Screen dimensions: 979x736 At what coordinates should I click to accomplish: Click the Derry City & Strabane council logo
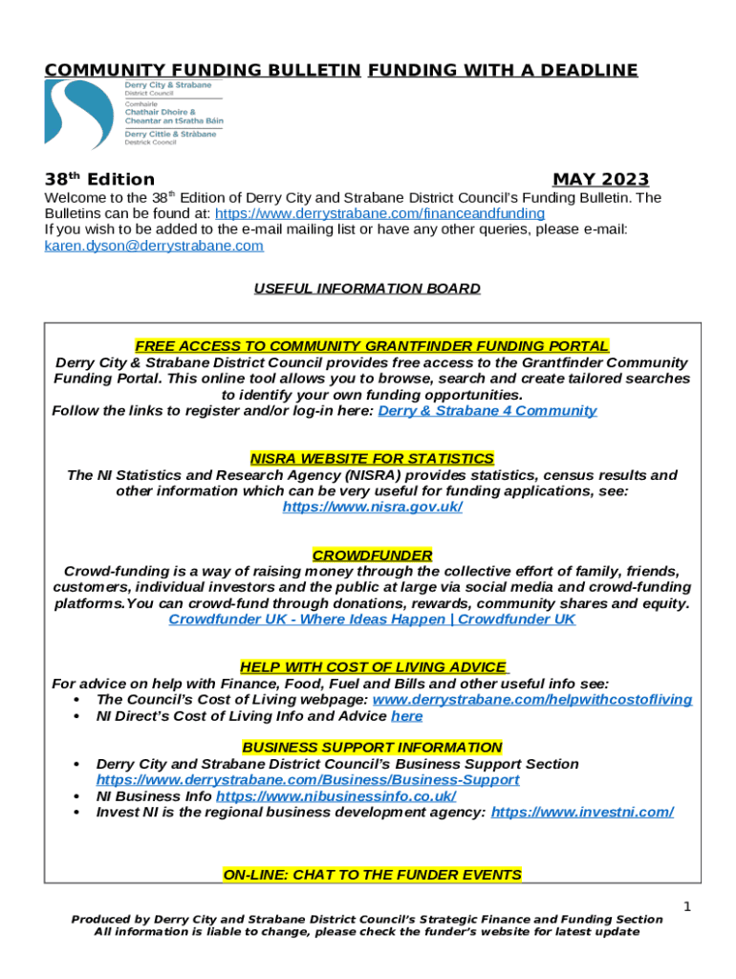click(131, 114)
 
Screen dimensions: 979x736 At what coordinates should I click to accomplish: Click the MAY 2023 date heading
click(600, 180)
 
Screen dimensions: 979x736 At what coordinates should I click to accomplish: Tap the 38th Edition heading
click(99, 180)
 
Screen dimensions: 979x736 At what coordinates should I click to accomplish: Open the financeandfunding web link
click(379, 213)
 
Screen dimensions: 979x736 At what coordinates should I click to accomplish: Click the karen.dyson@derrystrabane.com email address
click(154, 246)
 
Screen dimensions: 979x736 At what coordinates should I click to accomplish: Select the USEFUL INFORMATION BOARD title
click(367, 288)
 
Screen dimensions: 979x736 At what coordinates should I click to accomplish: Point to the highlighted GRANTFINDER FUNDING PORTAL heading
click(372, 346)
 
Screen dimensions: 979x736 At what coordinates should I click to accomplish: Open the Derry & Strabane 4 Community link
click(487, 411)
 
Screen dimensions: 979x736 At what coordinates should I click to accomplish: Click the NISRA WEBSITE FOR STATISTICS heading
click(372, 459)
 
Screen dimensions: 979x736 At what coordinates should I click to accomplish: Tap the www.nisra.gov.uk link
click(372, 508)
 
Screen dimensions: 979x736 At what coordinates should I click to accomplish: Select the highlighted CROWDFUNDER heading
click(372, 555)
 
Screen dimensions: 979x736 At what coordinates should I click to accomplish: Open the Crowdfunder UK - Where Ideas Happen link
click(372, 620)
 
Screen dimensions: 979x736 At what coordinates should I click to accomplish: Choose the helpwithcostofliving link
click(531, 700)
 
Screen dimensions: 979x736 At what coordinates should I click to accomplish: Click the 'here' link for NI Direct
click(406, 716)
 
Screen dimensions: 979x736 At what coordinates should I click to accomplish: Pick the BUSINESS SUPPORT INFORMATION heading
click(372, 748)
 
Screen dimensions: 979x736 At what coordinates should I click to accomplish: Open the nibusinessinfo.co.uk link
click(336, 796)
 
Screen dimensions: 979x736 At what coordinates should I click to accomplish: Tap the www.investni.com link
click(581, 813)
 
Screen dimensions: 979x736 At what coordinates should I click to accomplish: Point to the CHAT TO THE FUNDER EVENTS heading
click(372, 875)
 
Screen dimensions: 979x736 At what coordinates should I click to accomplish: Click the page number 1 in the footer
click(686, 905)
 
